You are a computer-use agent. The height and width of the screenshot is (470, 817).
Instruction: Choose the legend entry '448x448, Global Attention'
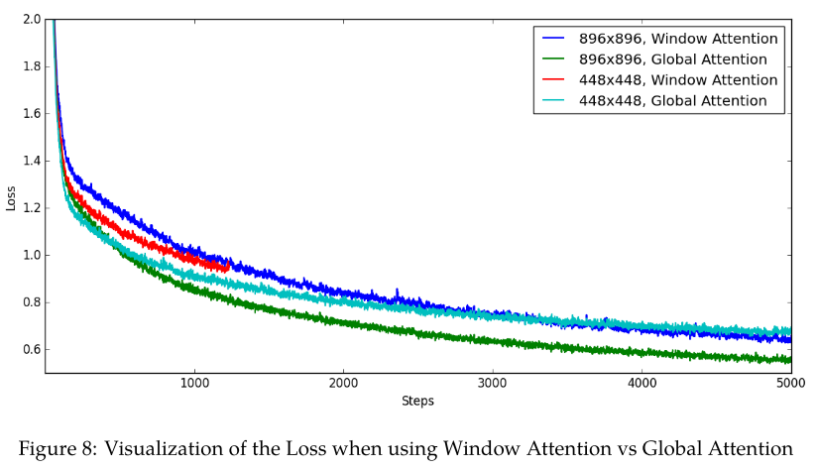click(x=672, y=101)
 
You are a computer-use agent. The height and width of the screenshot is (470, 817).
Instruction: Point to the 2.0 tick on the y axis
click(x=31, y=19)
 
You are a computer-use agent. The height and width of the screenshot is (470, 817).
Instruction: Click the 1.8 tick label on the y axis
click(x=31, y=66)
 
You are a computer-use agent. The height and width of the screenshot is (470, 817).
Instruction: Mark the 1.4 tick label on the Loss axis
click(x=31, y=161)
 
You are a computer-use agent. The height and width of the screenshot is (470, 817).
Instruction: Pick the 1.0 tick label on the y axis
click(x=31, y=255)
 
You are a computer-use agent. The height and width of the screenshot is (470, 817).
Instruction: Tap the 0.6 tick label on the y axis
click(x=31, y=349)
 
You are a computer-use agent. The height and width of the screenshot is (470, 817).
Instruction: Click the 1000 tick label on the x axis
click(x=193, y=384)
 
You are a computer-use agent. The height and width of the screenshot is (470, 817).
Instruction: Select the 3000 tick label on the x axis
click(x=493, y=384)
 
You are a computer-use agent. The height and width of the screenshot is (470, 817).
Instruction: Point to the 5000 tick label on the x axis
click(x=790, y=384)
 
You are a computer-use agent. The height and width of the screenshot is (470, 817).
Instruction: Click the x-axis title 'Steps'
click(x=417, y=402)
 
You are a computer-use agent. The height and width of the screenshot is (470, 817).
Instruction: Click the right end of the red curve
click(x=229, y=267)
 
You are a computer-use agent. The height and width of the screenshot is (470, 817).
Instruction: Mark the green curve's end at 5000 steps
click(x=790, y=360)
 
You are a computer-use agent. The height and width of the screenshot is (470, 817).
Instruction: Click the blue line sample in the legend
click(x=553, y=38)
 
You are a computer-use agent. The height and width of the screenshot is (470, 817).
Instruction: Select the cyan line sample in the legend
click(x=553, y=101)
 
